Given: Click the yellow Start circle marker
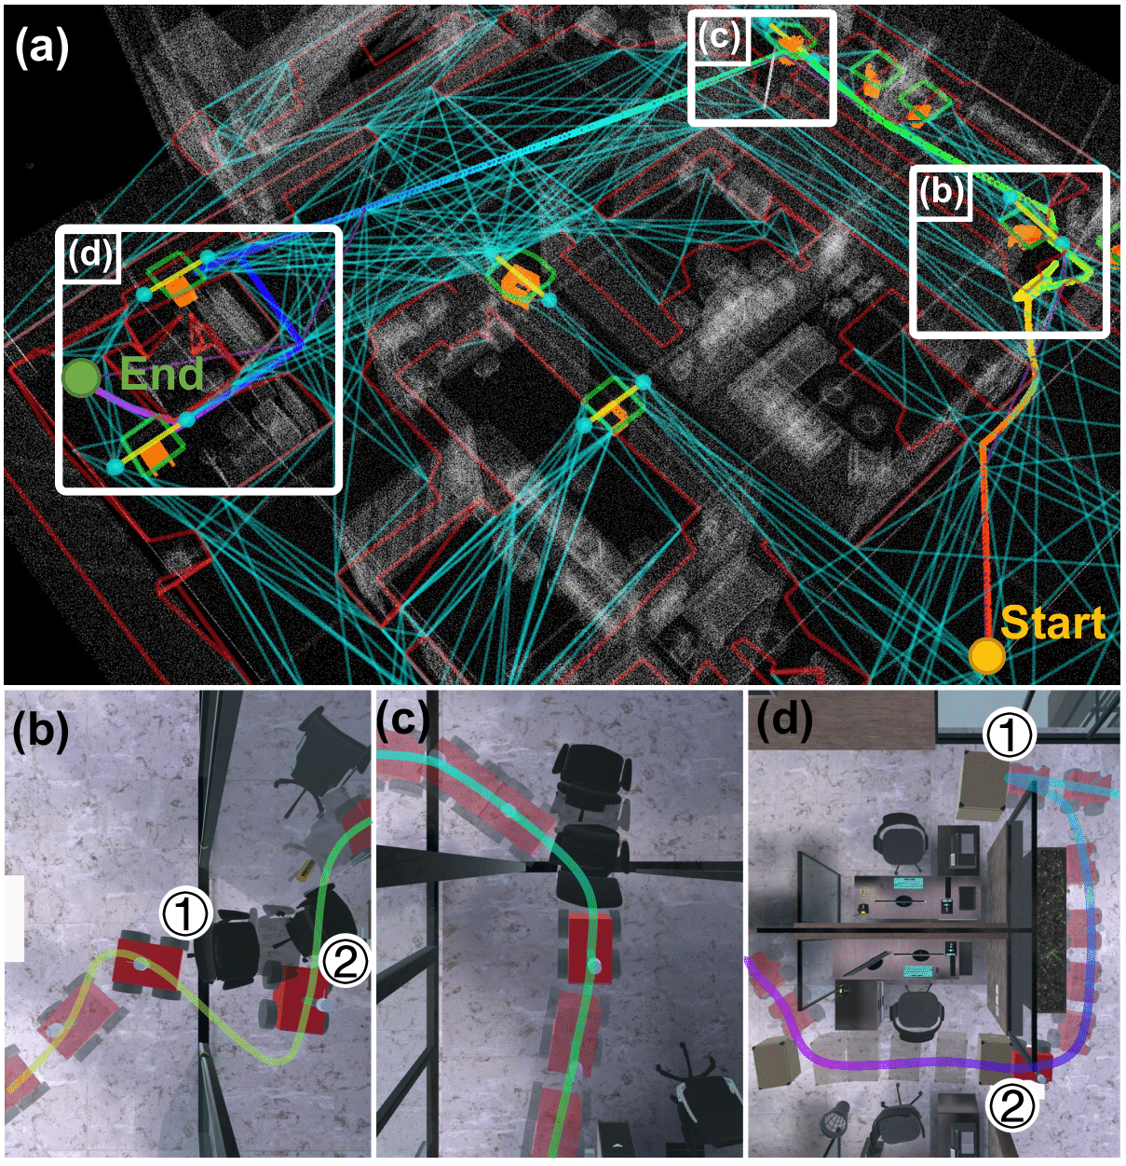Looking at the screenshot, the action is coord(986,655).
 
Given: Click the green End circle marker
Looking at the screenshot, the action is coord(81,378).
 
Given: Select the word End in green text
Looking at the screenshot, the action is coord(162,374).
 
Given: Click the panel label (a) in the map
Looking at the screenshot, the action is coord(42,47).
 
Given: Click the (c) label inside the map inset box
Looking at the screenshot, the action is coord(720,36).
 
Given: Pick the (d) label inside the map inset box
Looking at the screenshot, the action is coord(89,254).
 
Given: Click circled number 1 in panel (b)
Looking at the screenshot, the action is coord(185,913).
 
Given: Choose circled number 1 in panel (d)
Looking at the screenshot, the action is coord(1010,734).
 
